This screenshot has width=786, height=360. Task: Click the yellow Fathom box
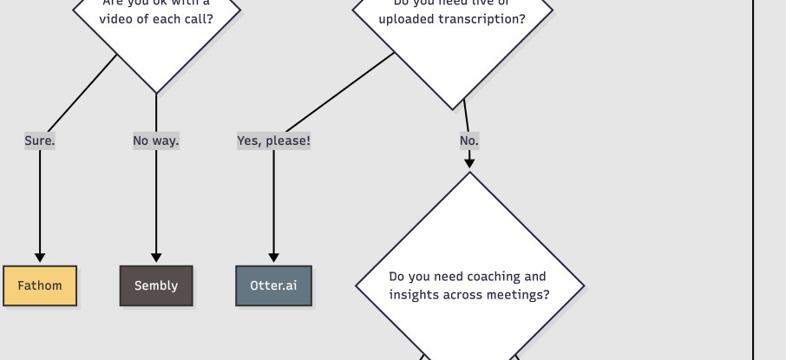coord(40,285)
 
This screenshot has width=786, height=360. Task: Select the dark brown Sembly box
coord(156,285)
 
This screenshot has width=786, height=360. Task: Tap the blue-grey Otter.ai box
coord(273,285)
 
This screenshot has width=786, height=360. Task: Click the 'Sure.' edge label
coord(40,141)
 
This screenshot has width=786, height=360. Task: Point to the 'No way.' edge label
coord(156,141)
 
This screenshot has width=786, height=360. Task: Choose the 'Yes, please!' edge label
coord(273,141)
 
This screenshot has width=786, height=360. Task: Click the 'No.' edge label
coord(469,141)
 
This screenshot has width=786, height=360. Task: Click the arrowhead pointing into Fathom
coord(40,257)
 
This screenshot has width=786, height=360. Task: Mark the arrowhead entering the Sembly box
coord(156,257)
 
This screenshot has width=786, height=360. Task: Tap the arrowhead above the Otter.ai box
coord(273,257)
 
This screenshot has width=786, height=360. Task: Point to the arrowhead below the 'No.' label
coord(469,162)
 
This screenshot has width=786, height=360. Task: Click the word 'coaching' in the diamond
coord(495,277)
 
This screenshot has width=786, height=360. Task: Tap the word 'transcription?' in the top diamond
coord(482,19)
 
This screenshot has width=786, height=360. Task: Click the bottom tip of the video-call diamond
coord(156,92)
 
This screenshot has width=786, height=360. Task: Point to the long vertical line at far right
coord(753,173)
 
